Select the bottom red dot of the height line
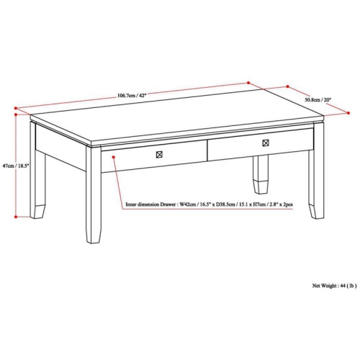tap(15, 216)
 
